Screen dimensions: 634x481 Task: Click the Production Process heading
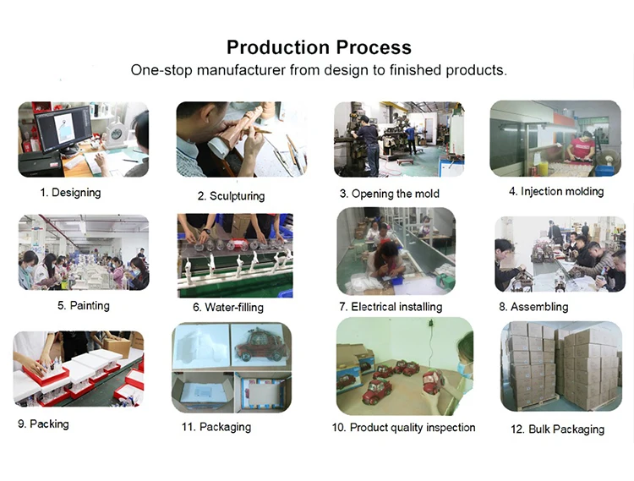(x=319, y=47)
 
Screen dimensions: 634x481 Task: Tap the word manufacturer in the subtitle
(x=241, y=70)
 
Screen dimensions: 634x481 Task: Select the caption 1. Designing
(x=70, y=193)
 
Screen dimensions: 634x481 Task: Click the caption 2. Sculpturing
(x=232, y=196)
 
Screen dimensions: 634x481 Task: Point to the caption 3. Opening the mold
(x=390, y=194)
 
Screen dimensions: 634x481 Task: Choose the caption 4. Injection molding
(x=556, y=191)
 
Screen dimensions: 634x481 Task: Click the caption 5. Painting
(x=84, y=305)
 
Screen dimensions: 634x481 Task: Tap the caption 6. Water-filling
(x=228, y=307)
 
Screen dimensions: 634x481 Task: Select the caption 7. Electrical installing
(x=391, y=307)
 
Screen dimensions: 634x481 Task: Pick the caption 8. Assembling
(x=533, y=307)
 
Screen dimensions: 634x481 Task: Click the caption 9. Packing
(x=43, y=424)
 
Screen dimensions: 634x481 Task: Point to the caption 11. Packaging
(x=216, y=427)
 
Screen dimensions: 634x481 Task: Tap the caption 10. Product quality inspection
(x=403, y=427)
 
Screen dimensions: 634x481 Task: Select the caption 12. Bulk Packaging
(x=557, y=429)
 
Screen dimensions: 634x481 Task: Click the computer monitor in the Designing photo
(x=63, y=128)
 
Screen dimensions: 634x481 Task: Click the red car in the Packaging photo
(x=261, y=346)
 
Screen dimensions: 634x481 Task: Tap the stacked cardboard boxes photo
(x=561, y=366)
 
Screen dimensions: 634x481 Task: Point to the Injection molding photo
(x=555, y=139)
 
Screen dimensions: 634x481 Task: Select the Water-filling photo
(x=235, y=255)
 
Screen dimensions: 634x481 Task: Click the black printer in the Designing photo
(x=41, y=165)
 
